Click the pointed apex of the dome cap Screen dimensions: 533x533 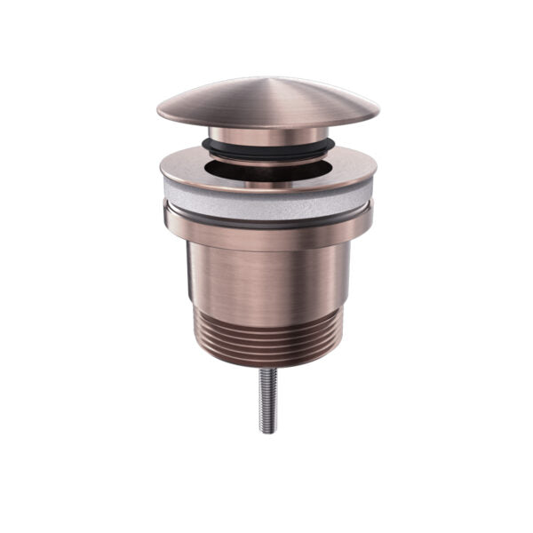tap(269, 79)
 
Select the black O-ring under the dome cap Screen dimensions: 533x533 tap(267, 146)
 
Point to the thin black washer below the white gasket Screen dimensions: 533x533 tap(267, 218)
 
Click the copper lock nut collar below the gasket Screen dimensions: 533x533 tap(267, 233)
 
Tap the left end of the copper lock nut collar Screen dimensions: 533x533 tap(168, 218)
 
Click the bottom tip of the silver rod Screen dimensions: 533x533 tap(268, 431)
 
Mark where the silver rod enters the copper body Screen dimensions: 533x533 tap(268, 368)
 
